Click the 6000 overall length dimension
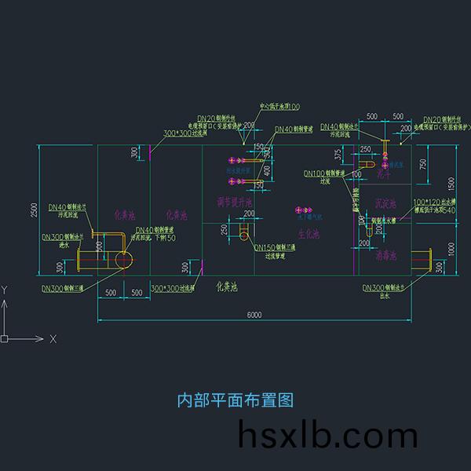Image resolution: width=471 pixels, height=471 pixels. coord(254,315)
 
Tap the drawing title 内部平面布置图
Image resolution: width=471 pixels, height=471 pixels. coord(235,400)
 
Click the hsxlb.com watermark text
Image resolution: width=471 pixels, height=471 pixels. coord(327,436)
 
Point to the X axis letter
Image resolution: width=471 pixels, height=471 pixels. coord(53,339)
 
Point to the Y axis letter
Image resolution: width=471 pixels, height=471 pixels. coord(5,290)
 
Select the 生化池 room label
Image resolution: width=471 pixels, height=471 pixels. coord(309,235)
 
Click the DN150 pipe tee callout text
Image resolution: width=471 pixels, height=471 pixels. coord(274,247)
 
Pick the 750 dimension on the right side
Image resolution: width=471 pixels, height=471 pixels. coord(425,162)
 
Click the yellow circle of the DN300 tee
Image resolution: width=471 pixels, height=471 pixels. coord(123,260)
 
